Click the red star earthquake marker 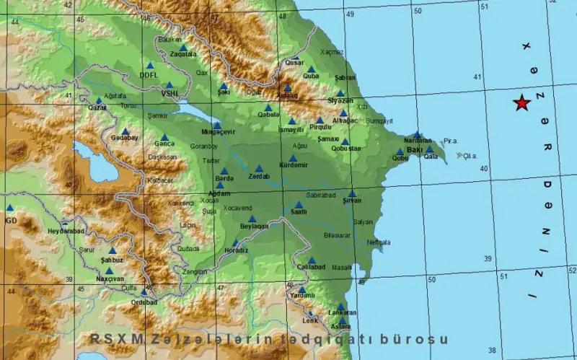tap(521, 104)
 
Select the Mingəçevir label tap(217, 133)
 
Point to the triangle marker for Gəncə tap(164, 136)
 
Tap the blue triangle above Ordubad tap(144, 292)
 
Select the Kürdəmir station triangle tap(293, 158)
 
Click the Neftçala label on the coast tap(378, 242)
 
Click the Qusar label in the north tap(295, 63)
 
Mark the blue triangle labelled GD tap(9, 208)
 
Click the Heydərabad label tap(66, 231)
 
